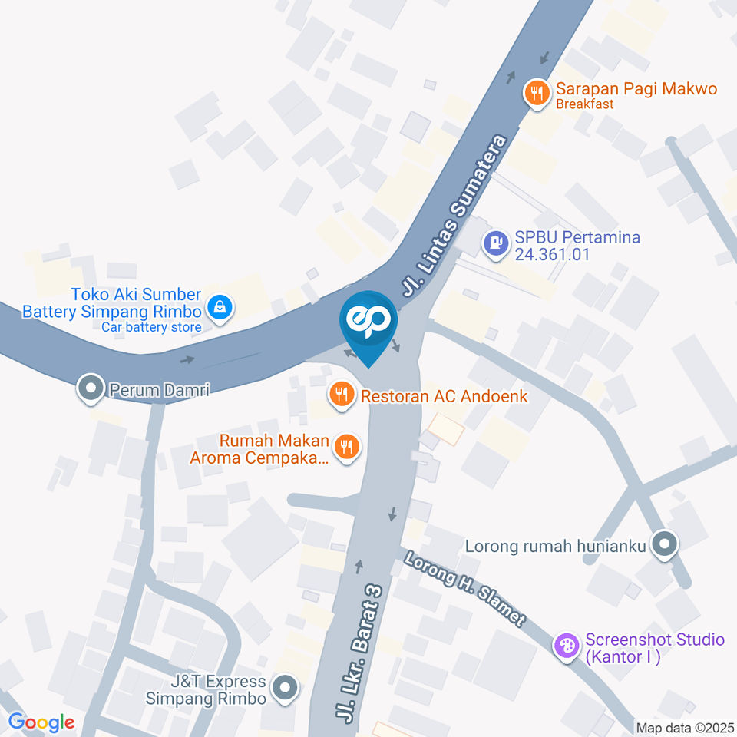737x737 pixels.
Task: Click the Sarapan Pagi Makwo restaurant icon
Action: (536, 94)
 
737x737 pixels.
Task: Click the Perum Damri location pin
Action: (91, 388)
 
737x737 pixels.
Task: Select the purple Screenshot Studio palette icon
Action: (567, 645)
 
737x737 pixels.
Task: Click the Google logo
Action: (41, 722)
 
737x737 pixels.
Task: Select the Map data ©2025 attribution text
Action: (686, 727)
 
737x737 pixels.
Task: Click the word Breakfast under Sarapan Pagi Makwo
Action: (585, 104)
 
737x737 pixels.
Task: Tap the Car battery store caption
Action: (152, 328)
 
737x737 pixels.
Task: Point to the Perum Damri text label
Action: (160, 390)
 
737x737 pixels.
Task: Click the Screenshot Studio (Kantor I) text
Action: (655, 648)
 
